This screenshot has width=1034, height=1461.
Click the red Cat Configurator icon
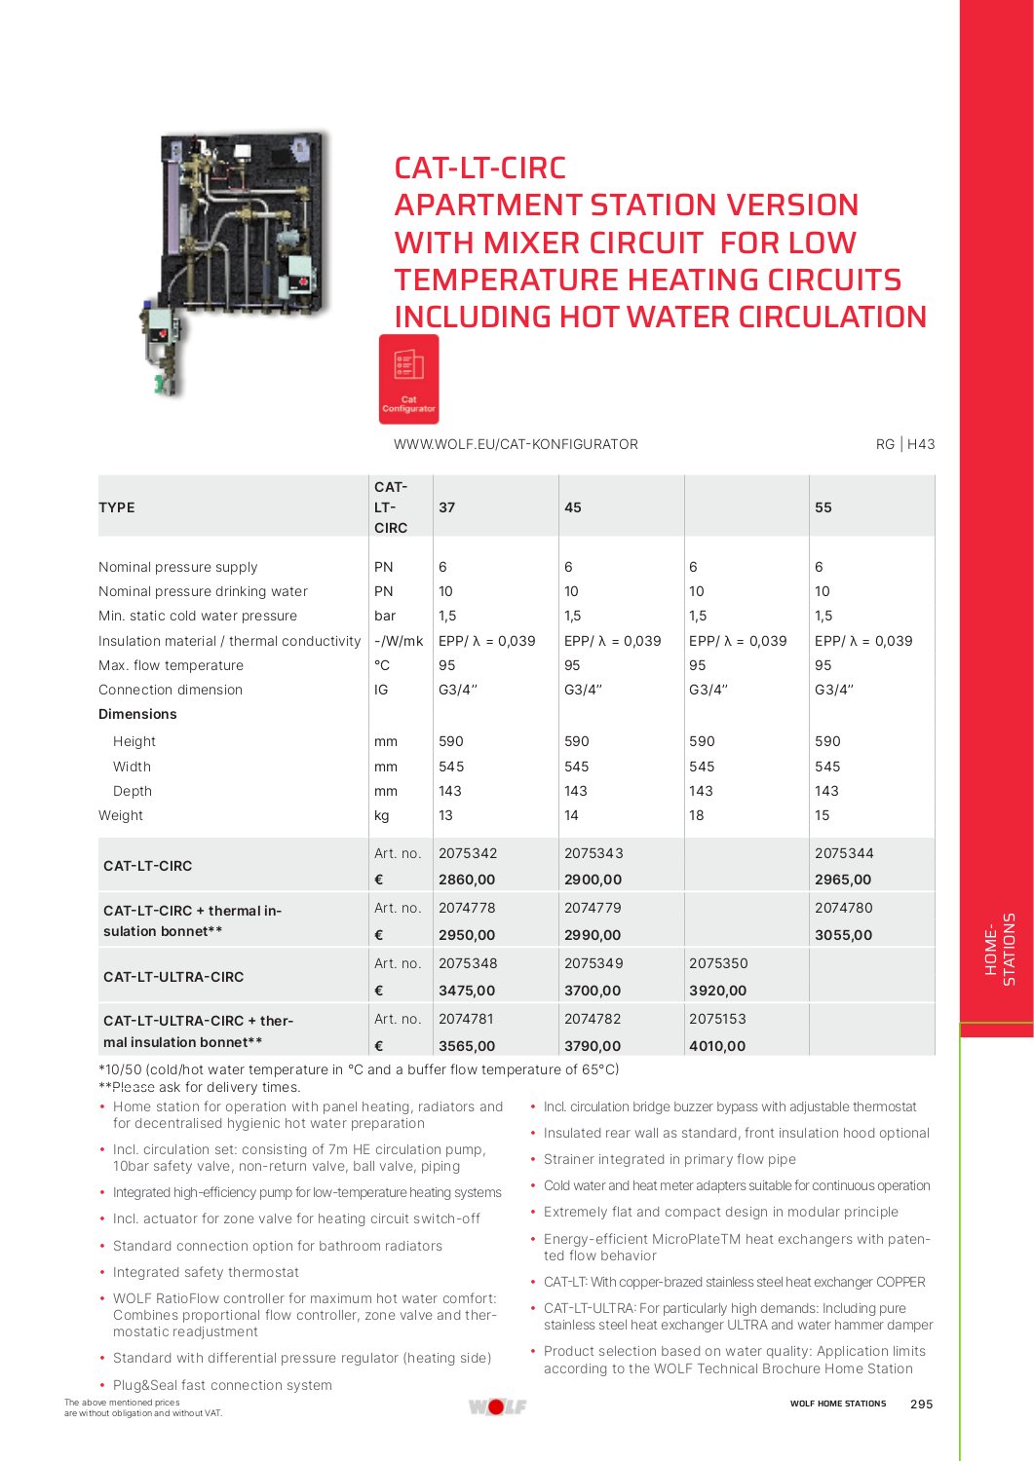click(408, 379)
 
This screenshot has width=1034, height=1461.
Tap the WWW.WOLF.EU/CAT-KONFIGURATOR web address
click(516, 444)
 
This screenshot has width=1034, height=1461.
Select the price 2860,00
click(467, 880)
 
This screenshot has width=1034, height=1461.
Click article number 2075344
click(844, 853)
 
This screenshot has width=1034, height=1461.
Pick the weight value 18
click(696, 815)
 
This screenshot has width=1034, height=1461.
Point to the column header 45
click(573, 507)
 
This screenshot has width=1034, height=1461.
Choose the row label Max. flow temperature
click(171, 665)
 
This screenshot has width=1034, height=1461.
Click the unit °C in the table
click(382, 665)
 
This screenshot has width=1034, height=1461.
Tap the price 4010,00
click(717, 1046)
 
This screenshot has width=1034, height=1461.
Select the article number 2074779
click(593, 908)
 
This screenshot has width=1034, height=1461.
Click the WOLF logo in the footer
click(497, 1406)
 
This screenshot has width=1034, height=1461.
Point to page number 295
click(921, 1405)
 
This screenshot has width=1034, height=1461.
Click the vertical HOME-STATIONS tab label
click(1000, 950)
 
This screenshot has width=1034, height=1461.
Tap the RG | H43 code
click(905, 444)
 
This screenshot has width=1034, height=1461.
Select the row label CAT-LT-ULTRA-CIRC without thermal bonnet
click(173, 977)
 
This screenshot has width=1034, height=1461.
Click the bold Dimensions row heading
click(137, 714)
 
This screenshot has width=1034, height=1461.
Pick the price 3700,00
click(593, 991)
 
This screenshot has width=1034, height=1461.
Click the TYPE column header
click(117, 507)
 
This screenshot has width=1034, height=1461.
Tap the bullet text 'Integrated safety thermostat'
click(206, 1272)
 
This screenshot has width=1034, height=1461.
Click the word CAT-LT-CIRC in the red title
click(479, 169)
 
